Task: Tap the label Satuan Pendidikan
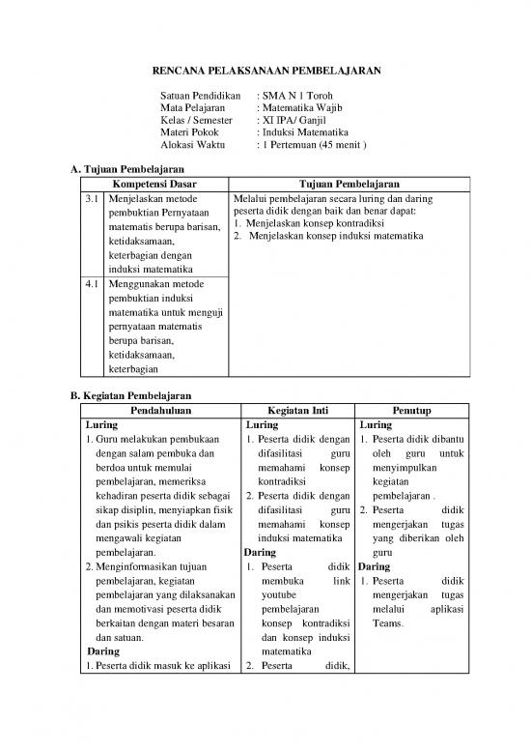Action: (199, 97)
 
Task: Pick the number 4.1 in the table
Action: (91, 286)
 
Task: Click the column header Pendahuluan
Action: (160, 409)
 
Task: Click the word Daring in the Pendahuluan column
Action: (102, 650)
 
